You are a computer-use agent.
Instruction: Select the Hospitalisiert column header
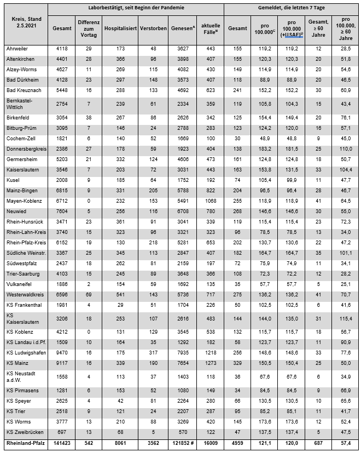pos(119,27)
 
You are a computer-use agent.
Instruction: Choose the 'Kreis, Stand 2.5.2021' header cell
pos(25,22)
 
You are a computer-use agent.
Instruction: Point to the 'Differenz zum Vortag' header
pos(89,27)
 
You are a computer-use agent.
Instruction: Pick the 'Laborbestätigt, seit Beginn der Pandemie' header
pos(136,9)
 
